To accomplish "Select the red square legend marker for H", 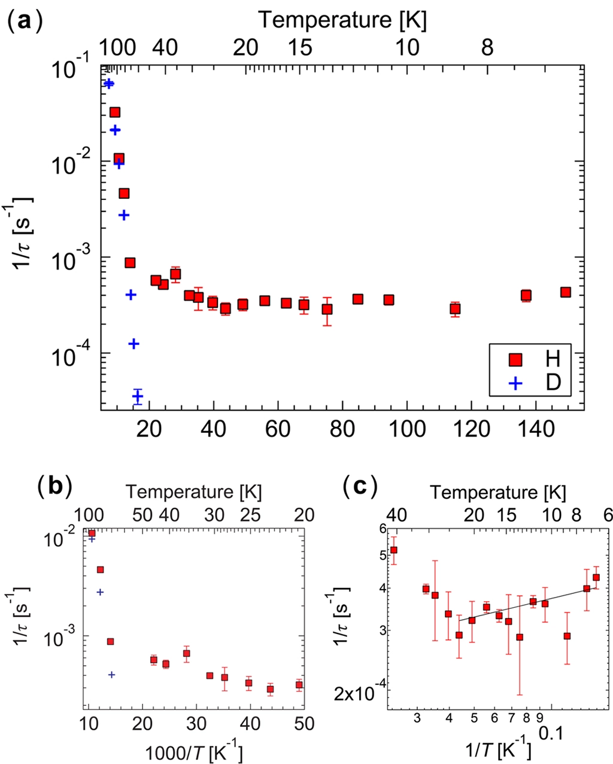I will click(514, 359).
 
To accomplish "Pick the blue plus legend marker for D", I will click(514, 381).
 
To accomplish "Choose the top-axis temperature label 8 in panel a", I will click(488, 47).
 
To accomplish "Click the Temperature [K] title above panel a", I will click(342, 20).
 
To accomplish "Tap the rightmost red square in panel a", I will click(565, 292).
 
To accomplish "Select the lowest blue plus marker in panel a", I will click(138, 396).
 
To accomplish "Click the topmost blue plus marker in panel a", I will click(108, 83).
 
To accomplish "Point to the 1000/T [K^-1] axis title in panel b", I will click(193, 749).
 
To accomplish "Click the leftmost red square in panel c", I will click(393, 550).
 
